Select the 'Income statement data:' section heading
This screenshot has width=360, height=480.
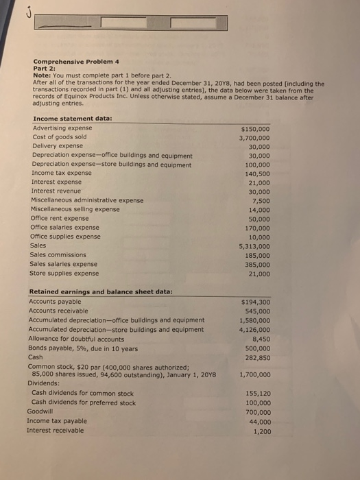(x=73, y=119)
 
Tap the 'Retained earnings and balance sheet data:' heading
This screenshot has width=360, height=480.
(x=100, y=291)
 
